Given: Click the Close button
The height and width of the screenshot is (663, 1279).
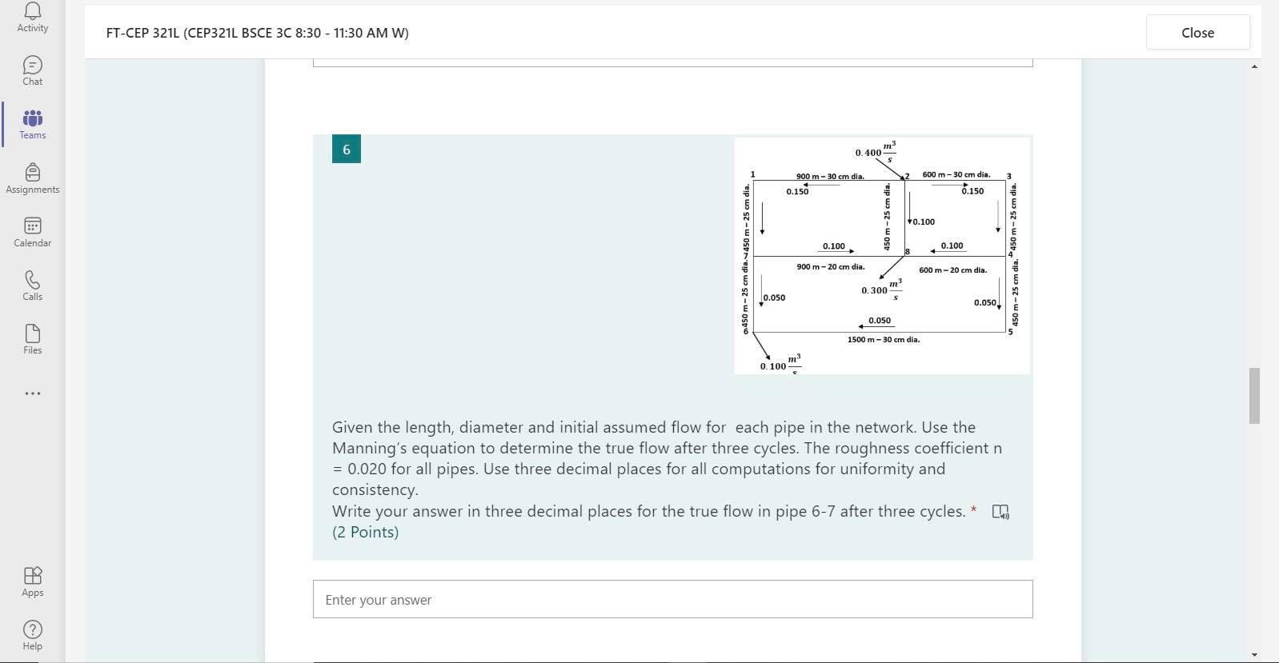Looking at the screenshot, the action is (x=1197, y=33).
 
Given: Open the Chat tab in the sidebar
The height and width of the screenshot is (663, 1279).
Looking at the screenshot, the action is (x=33, y=70).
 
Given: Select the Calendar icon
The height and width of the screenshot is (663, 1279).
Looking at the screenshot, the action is (x=33, y=232).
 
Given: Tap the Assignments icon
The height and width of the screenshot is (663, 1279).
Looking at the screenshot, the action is (x=33, y=178).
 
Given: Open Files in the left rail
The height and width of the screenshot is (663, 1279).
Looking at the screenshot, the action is (x=33, y=339).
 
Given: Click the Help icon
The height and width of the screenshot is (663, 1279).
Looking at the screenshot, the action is (x=33, y=635).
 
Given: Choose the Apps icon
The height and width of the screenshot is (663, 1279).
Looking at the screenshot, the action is (x=33, y=581).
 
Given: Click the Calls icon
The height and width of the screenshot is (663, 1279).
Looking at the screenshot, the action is (x=33, y=286).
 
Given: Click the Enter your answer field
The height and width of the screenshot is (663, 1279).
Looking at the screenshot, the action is (x=672, y=599).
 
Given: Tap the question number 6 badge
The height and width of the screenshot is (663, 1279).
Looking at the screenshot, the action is (x=346, y=150).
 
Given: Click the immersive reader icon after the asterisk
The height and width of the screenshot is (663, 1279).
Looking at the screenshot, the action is (x=1000, y=512).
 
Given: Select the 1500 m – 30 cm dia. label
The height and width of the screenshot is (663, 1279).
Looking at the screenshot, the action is (x=883, y=340).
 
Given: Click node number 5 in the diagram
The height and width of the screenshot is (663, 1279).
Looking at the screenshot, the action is (x=1010, y=332).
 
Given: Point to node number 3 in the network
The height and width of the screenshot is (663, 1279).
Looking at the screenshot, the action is (x=1008, y=177).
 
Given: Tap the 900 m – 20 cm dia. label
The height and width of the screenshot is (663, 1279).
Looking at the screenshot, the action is (x=830, y=267).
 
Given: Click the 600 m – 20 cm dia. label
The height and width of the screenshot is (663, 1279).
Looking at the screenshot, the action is (x=952, y=270).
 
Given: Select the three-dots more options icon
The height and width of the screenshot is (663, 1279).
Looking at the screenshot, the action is (x=33, y=393).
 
